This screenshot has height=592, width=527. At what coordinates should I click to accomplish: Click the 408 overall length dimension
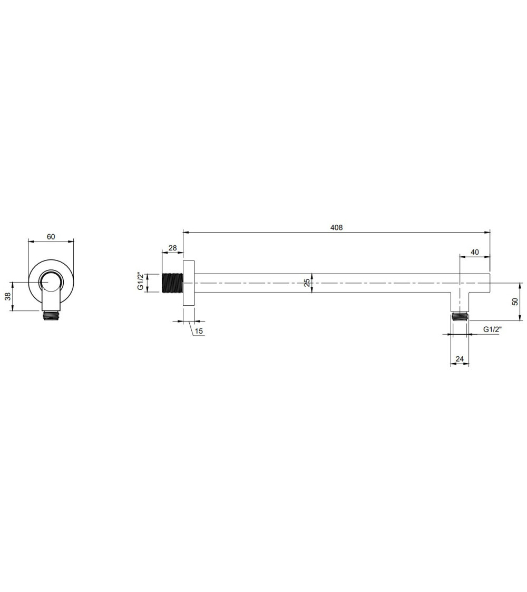[x=336, y=227]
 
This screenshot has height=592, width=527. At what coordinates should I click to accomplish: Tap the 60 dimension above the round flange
[x=51, y=237]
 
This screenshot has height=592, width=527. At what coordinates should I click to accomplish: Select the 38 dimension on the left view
[x=7, y=296]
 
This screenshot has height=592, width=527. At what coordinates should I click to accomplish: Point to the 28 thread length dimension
[x=172, y=248]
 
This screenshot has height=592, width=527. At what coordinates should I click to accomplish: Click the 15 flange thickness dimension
[x=199, y=331]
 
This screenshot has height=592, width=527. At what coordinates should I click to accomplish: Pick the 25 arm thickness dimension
[x=307, y=283]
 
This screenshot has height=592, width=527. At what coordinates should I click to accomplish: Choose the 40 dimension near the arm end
[x=475, y=252]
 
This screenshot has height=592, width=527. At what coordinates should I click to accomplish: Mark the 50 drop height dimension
[x=515, y=302]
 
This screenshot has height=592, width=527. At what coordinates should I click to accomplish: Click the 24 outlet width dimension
[x=460, y=359]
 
